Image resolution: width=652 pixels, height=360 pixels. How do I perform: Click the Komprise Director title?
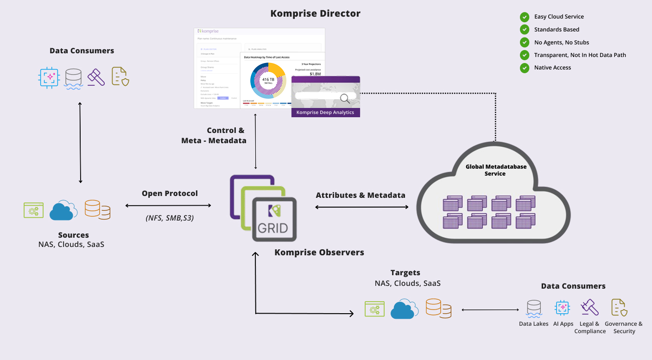pos(315,13)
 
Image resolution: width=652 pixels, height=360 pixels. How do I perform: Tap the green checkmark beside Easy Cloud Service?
pos(525,17)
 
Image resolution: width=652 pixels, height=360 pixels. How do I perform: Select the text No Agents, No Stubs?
pos(561,42)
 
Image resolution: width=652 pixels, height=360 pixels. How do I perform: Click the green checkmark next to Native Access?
pos(525,68)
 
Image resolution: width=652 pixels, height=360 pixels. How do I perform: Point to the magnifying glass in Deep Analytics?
pos(345,98)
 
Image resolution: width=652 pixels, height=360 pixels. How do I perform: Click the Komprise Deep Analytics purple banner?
pos(325,112)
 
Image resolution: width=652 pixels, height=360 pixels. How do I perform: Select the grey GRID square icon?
pos(274,219)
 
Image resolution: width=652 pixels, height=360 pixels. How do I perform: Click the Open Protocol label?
pos(170,193)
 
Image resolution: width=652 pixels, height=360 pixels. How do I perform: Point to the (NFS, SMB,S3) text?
pos(170,218)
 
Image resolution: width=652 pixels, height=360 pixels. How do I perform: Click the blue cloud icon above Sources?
pos(63,210)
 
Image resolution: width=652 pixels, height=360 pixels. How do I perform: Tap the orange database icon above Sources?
pos(97,210)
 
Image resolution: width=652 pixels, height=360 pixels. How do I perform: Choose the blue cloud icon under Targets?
pos(405,309)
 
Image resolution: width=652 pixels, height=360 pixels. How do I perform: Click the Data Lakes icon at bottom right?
pos(534,308)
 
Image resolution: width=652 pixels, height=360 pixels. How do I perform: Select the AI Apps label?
pos(563,324)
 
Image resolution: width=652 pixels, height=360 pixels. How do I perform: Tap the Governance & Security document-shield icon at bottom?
pos(619,308)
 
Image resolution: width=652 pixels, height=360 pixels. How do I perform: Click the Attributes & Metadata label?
pos(361,195)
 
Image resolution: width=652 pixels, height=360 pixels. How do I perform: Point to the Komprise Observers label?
pos(319,253)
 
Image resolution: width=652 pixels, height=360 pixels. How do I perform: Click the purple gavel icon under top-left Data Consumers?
pos(97,77)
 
